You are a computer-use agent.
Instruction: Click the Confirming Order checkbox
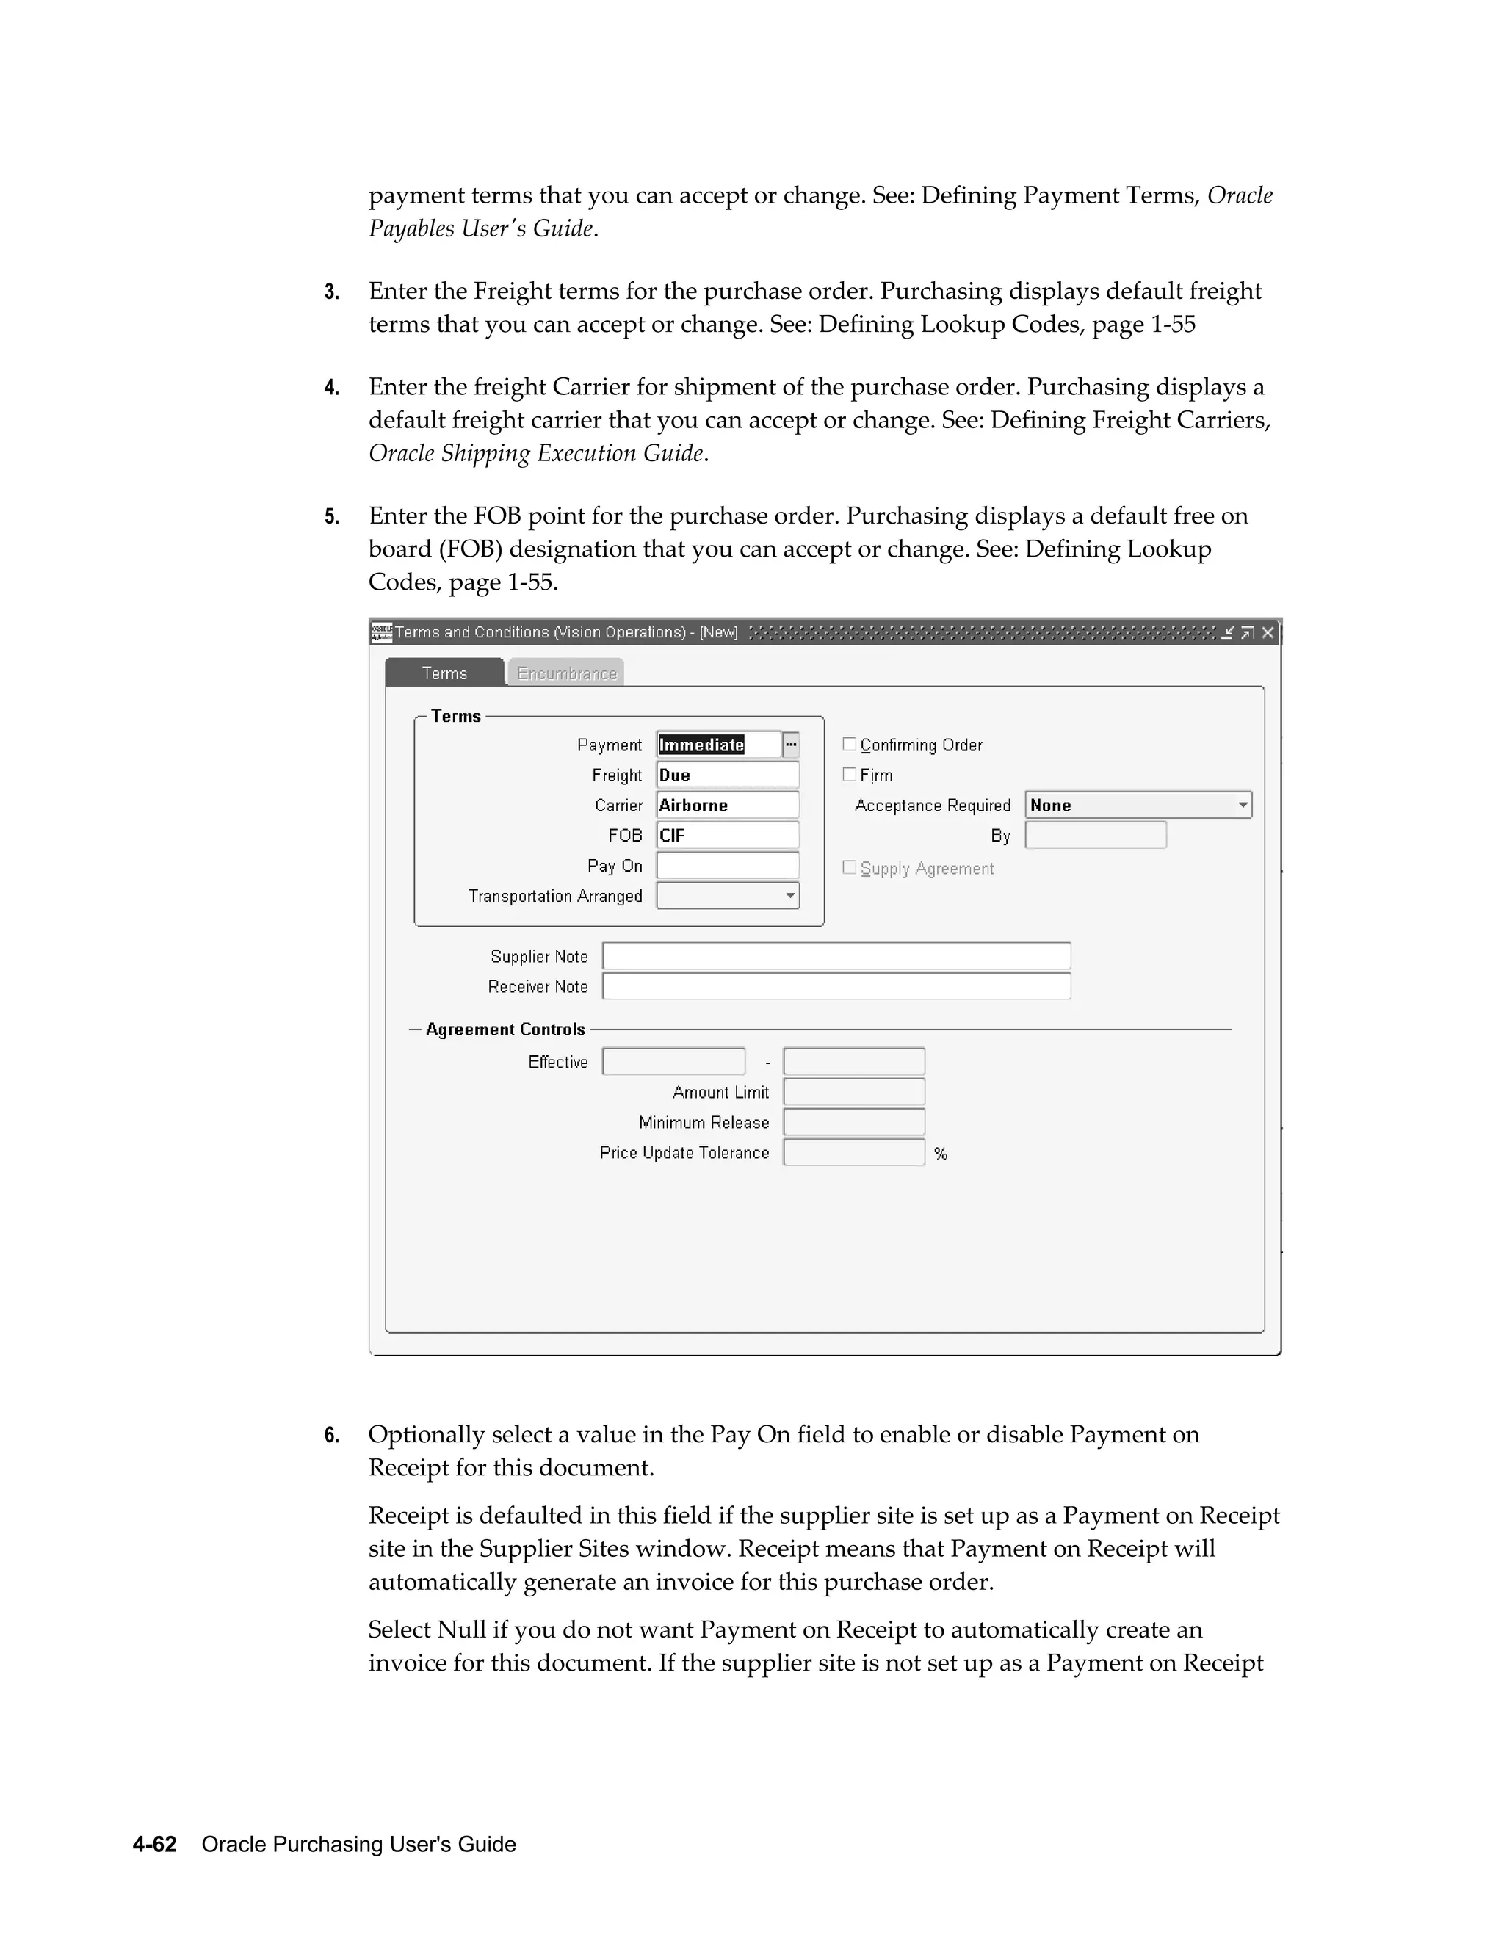coord(849,744)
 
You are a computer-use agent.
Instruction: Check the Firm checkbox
coord(849,774)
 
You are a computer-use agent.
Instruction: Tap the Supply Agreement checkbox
coord(849,867)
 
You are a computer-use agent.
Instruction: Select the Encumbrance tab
coord(567,673)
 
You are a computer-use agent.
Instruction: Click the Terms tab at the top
coord(444,673)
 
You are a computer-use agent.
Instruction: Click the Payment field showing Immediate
coord(718,745)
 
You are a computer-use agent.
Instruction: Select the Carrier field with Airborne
coord(727,806)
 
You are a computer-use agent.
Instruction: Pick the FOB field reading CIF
coord(727,836)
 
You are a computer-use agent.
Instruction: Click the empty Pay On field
coord(727,865)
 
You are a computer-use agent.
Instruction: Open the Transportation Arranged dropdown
coord(789,895)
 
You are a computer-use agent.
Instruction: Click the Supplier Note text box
coord(836,956)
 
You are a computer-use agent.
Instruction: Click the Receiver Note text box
coord(836,986)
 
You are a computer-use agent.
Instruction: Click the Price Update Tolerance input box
coord(853,1153)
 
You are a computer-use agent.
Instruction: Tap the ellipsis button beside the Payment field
coord(791,745)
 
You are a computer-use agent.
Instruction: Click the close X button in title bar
coord(1268,632)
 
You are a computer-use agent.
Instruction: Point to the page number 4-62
coord(154,1845)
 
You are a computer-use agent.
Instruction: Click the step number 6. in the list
coord(331,1436)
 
